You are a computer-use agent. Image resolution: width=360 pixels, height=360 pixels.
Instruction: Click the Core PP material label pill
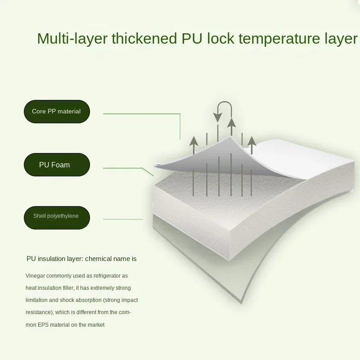coord(57,112)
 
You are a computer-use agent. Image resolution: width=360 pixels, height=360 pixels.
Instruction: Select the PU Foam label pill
coord(57,165)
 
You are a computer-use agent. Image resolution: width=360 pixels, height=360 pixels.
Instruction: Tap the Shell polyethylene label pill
coord(57,216)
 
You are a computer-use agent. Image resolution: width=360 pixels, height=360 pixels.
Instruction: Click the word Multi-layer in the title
coord(72,39)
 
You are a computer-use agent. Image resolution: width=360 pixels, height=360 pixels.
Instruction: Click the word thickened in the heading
coord(144,39)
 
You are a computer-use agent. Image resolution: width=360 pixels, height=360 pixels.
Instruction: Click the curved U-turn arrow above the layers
coord(224,110)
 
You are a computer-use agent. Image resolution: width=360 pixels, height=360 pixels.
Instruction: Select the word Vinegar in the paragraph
coord(36,275)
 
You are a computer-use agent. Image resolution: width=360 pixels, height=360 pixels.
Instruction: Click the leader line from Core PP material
coord(142,114)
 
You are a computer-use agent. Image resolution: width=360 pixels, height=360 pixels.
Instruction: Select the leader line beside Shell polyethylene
coord(123,219)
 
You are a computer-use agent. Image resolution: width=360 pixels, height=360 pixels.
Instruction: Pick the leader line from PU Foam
coord(124,168)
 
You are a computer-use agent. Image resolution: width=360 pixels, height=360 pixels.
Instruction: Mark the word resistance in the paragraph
coord(39,312)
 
